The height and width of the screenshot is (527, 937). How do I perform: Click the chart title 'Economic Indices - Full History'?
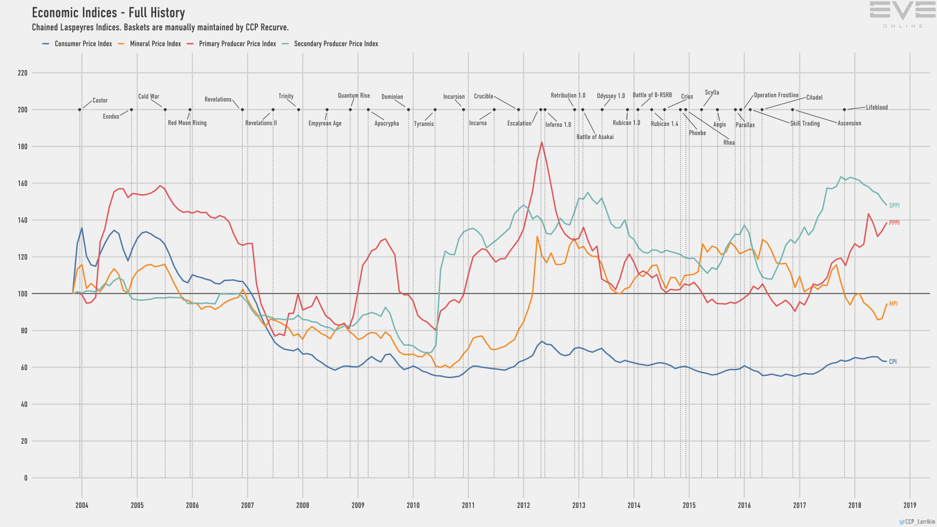click(x=108, y=13)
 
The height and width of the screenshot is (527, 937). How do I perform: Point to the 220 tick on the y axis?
click(x=22, y=73)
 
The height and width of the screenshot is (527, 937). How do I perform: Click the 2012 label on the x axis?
click(x=523, y=506)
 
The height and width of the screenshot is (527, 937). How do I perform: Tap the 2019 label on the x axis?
click(x=910, y=506)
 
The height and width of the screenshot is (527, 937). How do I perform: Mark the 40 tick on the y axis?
click(x=24, y=405)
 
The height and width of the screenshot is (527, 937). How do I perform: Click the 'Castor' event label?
click(x=100, y=101)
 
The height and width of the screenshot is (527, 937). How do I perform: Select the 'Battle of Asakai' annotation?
click(x=595, y=137)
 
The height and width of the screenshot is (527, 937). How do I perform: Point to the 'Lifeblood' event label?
click(x=876, y=107)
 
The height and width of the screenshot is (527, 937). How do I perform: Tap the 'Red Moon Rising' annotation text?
click(x=187, y=123)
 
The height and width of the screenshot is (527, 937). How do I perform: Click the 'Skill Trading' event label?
click(x=805, y=123)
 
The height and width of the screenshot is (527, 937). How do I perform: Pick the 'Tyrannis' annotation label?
click(x=424, y=124)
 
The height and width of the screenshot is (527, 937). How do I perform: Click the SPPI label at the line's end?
click(x=894, y=206)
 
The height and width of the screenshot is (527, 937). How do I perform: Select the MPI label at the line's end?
click(x=893, y=304)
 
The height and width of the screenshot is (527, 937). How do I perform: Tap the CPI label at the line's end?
click(x=893, y=362)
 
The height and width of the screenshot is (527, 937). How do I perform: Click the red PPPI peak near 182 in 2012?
click(x=542, y=142)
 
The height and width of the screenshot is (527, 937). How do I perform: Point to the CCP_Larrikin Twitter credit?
click(x=917, y=522)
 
